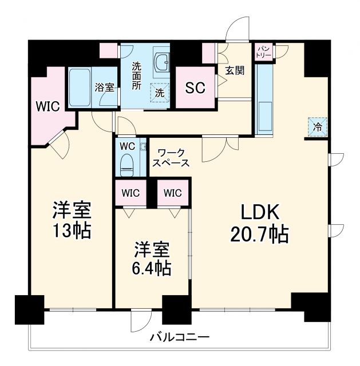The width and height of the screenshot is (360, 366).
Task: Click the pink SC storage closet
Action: (195, 89)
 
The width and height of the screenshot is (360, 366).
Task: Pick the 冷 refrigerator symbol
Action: (317, 126)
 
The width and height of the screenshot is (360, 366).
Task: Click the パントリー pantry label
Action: (264, 50)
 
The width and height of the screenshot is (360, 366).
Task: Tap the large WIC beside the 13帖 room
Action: (48, 106)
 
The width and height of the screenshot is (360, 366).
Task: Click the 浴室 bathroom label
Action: (104, 87)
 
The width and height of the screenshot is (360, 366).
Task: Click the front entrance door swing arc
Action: (236, 29)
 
